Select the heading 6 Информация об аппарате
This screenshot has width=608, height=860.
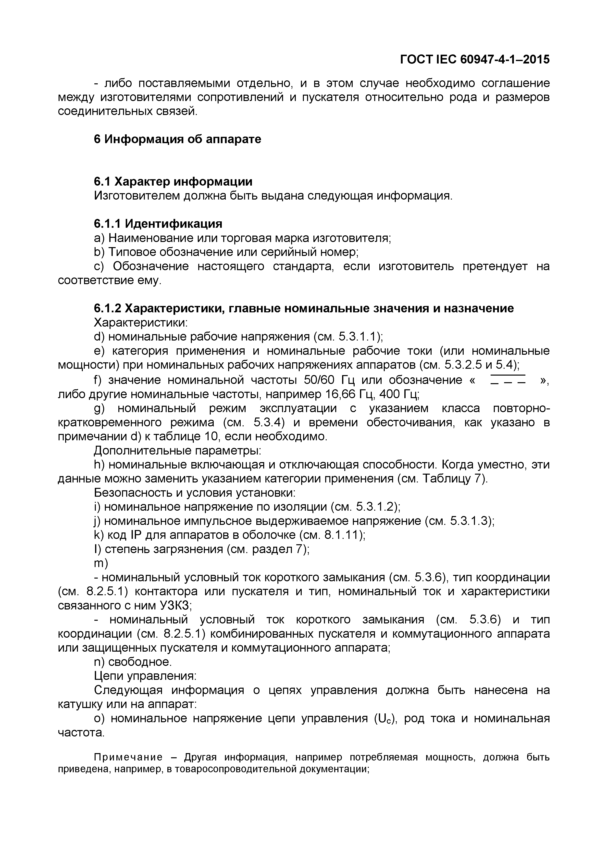coord(177,139)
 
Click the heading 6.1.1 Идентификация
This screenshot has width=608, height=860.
coord(158,224)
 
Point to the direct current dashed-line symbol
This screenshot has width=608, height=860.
coord(508,380)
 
